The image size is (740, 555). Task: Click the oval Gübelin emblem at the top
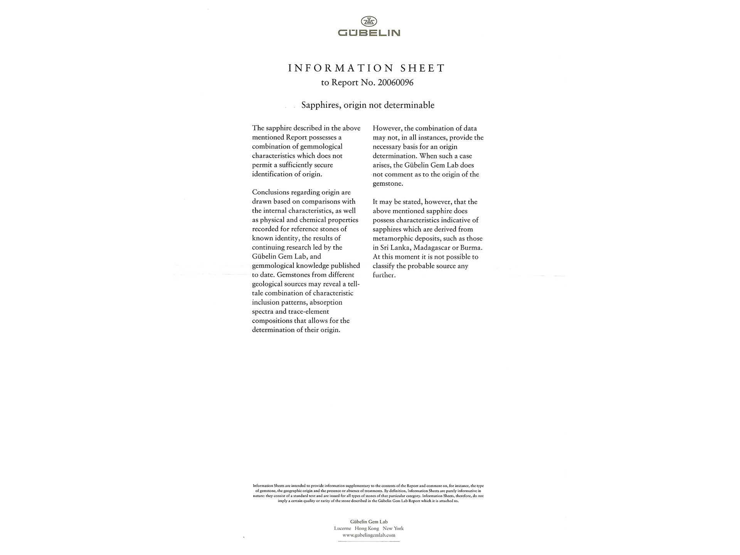point(369,21)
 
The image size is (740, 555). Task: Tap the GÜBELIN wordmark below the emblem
point(369,33)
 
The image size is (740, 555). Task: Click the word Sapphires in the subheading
point(320,105)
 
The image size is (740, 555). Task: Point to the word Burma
point(471,248)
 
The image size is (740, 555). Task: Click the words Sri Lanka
point(395,248)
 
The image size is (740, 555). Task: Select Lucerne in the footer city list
point(343,528)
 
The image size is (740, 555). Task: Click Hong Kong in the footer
point(367,528)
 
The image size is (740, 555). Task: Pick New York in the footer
point(393,528)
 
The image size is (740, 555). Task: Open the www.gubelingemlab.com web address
point(369,535)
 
